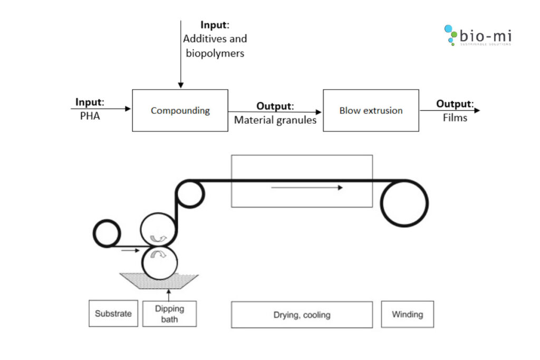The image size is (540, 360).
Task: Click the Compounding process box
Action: click(x=180, y=110)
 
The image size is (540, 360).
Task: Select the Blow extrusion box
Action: click(x=371, y=110)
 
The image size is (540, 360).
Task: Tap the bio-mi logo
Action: click(x=477, y=35)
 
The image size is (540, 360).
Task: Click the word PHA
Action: click(x=90, y=116)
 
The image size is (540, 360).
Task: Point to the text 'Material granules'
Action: click(x=275, y=120)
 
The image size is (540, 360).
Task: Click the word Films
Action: click(x=455, y=118)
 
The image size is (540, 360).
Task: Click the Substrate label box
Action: click(x=113, y=314)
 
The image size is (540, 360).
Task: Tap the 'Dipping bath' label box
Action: click(x=169, y=314)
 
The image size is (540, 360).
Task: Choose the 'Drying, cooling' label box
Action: click(x=302, y=315)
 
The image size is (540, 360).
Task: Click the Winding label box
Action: click(x=407, y=314)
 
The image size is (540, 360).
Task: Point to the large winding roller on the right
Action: click(x=404, y=203)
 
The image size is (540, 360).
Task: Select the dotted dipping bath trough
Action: click(x=159, y=281)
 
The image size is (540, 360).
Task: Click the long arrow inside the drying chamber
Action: click(x=307, y=187)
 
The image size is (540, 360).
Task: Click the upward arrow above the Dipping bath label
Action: click(x=169, y=294)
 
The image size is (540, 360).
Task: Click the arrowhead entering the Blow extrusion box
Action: click(x=319, y=112)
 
